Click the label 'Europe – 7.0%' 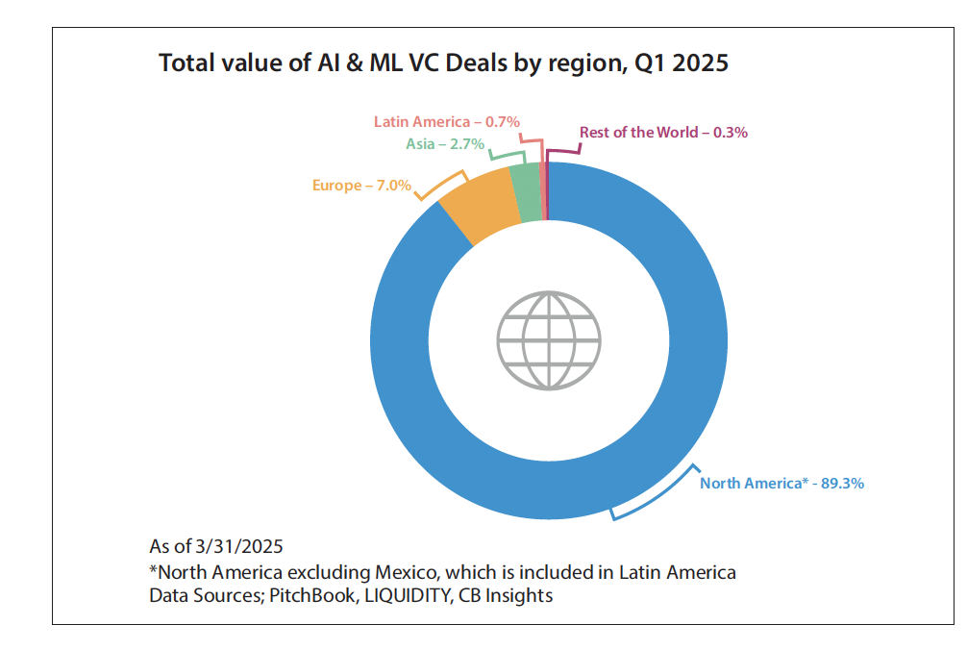[361, 185]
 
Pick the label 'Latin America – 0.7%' [447, 122]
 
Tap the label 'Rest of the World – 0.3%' [663, 133]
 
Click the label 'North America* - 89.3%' [781, 483]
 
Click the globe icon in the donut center [549, 338]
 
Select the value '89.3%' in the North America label [842, 483]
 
